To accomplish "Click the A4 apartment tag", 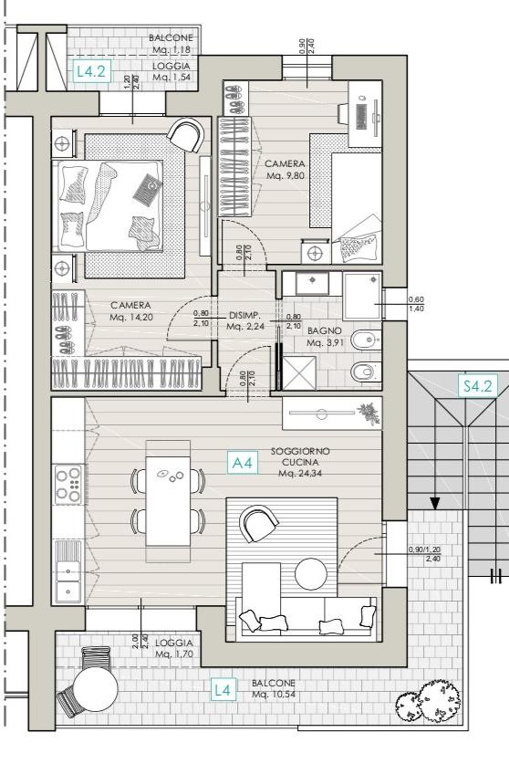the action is pos(243,463).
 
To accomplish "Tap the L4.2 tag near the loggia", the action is pos(91,71).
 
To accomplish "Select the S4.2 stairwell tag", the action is pos(478,386).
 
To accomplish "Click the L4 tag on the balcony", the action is pos(223,689).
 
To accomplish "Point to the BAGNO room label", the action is pos(325,330).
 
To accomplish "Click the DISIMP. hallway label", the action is pos(245,315).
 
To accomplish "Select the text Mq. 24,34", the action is pos(300,473).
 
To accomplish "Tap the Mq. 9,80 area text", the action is pos(285,175).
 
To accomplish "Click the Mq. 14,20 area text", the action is pos(130,317).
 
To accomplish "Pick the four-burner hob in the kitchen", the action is pos(68,484).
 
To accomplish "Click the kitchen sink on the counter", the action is pos(68,570).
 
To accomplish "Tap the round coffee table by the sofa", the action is pos(310,573).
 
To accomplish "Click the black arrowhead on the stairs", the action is pos(434,503).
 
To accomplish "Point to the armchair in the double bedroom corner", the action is pos(185,134).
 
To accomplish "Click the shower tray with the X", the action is pos(299,372).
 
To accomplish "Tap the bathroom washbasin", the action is pos(312,283).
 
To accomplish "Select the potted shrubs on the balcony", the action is pos(428,701).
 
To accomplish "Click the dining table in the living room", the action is pos(168,494).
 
